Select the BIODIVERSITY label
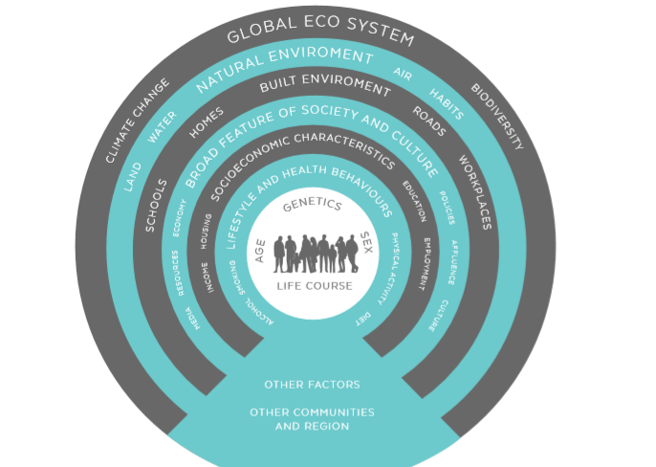click(x=497, y=117)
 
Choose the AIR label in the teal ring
click(x=403, y=74)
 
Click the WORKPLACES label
click(x=474, y=191)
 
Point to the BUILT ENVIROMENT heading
click(x=325, y=86)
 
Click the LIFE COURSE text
click(x=315, y=285)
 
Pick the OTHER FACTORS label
click(x=312, y=385)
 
